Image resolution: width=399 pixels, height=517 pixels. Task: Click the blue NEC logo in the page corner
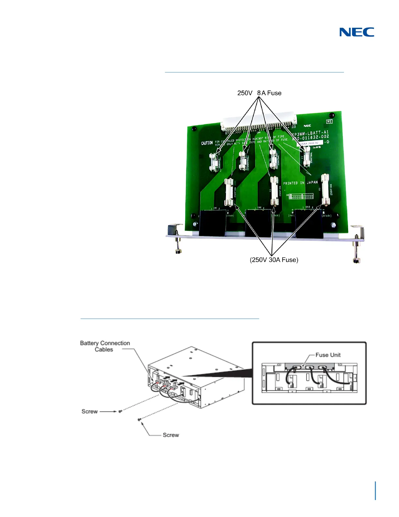click(357, 32)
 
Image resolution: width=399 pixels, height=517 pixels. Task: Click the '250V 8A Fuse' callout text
click(259, 93)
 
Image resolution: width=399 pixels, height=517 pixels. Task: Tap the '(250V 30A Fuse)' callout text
click(274, 260)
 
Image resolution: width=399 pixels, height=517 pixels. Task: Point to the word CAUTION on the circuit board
click(207, 143)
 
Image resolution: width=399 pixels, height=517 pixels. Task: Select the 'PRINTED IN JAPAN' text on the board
click(300, 183)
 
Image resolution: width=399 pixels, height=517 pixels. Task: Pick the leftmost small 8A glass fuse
click(215, 161)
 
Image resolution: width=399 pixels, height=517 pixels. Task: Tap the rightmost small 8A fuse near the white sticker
click(306, 155)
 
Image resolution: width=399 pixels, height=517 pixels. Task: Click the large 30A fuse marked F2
click(274, 192)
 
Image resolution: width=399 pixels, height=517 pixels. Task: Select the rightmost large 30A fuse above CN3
click(325, 190)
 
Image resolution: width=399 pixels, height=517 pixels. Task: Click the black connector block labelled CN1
click(212, 223)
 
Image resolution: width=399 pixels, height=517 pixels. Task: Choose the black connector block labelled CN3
click(309, 223)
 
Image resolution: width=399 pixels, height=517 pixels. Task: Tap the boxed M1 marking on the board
click(329, 121)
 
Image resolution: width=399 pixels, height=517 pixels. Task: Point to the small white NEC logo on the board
click(307, 126)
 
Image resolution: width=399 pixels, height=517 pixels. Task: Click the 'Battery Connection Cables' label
click(105, 346)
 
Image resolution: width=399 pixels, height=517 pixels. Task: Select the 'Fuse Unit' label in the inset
click(328, 355)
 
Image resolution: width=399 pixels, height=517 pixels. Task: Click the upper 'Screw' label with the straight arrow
click(90, 411)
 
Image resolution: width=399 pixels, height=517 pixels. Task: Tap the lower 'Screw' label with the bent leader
click(171, 435)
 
